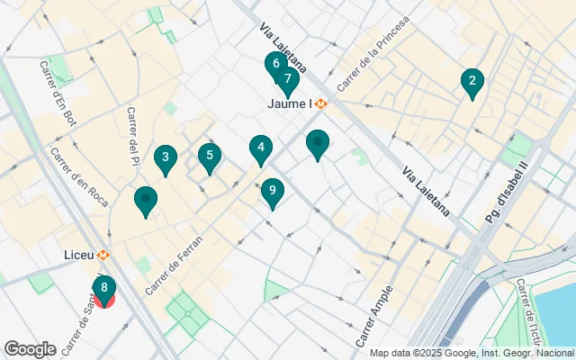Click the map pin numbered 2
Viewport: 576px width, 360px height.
pos(471,82)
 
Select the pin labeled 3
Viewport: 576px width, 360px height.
pos(165,159)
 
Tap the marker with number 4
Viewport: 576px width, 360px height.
pos(261,148)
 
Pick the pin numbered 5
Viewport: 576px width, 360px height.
pos(210,157)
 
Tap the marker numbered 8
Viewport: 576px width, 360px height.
pos(104,289)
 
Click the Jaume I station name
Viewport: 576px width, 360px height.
pos(289,103)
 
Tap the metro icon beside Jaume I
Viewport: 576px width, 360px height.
pos(321,103)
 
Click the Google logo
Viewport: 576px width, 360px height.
pos(30,349)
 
